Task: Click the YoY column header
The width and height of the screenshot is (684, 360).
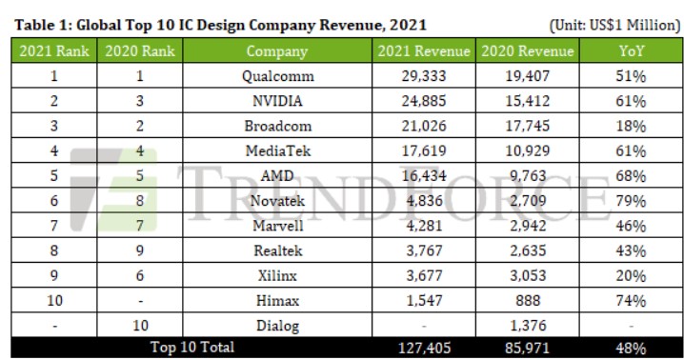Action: (x=632, y=51)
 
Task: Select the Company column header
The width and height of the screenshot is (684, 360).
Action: (x=277, y=51)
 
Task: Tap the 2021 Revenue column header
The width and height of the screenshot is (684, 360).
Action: (x=424, y=51)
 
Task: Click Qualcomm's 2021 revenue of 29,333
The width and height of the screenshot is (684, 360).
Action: (x=424, y=76)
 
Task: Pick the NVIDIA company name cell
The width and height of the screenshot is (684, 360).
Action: (x=277, y=101)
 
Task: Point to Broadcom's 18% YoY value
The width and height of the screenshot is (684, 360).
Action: (x=631, y=126)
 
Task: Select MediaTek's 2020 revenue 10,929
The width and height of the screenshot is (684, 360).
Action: (x=528, y=151)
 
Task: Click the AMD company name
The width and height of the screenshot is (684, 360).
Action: (x=277, y=176)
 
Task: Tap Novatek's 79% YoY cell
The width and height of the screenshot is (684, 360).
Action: (x=631, y=201)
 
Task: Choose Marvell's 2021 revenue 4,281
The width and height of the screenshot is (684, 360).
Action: (x=424, y=226)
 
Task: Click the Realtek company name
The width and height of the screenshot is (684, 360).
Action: (x=277, y=250)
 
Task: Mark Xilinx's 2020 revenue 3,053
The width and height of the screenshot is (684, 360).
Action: (x=528, y=276)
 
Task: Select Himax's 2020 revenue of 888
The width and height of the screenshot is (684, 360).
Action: (x=528, y=301)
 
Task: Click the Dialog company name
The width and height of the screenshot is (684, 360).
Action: (x=277, y=326)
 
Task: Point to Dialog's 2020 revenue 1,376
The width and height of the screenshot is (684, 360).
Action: (x=528, y=326)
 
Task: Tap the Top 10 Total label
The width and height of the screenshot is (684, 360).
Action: (x=192, y=348)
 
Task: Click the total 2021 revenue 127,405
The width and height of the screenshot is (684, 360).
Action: (x=424, y=348)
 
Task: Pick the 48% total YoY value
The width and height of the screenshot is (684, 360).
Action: (x=631, y=348)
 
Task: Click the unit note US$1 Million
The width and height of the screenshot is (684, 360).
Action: (x=634, y=25)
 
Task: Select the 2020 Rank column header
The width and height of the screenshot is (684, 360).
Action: (x=140, y=51)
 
